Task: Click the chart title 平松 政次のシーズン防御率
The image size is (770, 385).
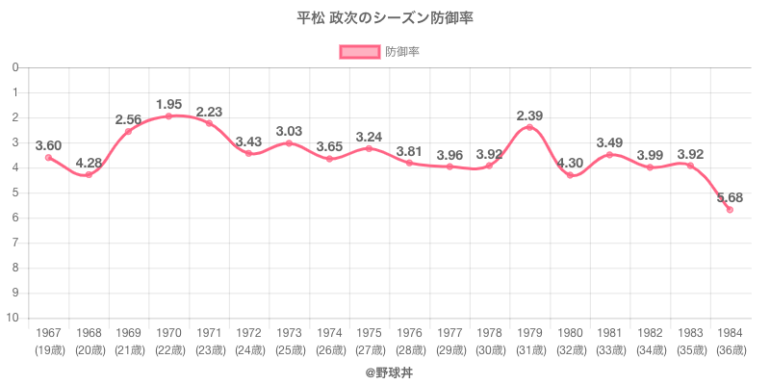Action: tap(385, 18)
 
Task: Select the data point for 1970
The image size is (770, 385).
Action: tap(168, 116)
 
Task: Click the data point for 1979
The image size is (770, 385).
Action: tap(529, 127)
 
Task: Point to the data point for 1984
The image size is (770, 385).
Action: tap(730, 210)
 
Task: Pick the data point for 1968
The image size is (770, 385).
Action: tap(89, 174)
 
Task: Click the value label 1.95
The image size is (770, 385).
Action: tap(168, 104)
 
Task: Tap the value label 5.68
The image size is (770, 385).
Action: tap(729, 197)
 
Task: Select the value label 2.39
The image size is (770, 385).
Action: tap(529, 115)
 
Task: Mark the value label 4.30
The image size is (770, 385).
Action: tap(570, 163)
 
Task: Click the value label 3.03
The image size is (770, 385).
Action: tap(289, 131)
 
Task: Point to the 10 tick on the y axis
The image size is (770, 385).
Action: tap(14, 318)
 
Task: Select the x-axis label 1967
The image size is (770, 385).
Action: tap(48, 333)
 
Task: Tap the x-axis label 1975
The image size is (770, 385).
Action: tap(370, 333)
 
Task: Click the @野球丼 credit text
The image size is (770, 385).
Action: tap(385, 371)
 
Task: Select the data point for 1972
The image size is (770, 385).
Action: tap(249, 153)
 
